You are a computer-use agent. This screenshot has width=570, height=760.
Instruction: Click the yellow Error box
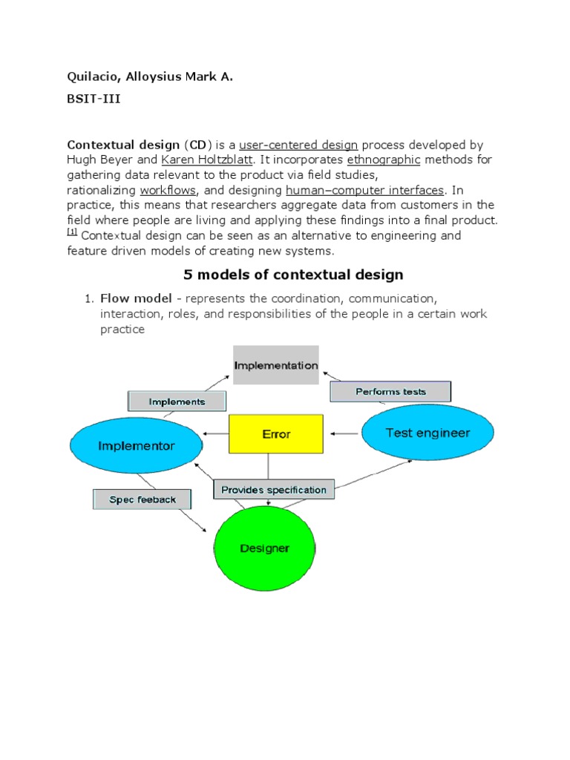275,434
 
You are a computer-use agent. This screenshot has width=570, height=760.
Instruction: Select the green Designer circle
264,549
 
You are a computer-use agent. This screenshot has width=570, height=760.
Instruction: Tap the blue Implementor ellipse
137,446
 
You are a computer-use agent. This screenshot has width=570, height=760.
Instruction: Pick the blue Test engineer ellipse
427,433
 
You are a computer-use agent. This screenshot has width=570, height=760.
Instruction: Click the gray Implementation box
276,365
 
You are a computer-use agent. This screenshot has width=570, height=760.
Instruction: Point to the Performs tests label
390,392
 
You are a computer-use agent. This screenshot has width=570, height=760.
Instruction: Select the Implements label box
177,402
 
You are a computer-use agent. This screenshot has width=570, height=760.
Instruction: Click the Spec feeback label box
142,499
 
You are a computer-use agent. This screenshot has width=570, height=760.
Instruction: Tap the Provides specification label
274,490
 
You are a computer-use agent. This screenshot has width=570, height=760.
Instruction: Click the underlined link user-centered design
298,145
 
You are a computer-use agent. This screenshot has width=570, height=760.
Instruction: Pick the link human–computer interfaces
364,190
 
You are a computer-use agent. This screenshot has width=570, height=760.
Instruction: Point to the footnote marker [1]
72,232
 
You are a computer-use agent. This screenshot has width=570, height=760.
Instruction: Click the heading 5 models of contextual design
293,275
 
